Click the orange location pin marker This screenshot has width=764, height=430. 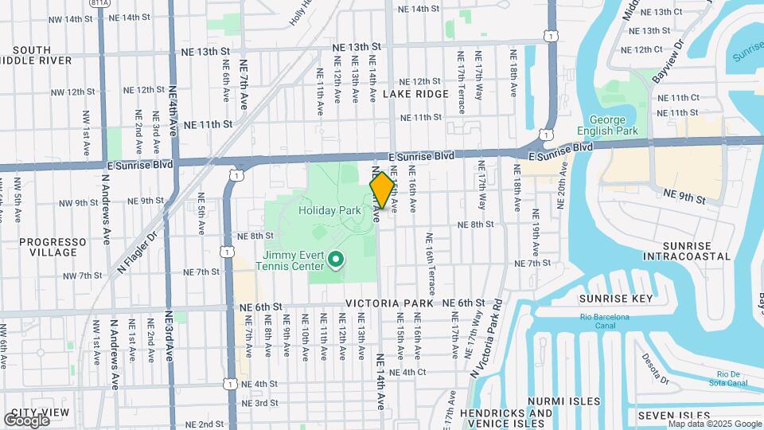coord(382,190)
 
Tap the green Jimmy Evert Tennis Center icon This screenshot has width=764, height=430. coord(336,259)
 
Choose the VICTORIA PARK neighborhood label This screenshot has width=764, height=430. coord(389,303)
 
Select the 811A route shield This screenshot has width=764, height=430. coord(100,4)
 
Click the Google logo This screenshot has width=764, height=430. coord(26,420)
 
